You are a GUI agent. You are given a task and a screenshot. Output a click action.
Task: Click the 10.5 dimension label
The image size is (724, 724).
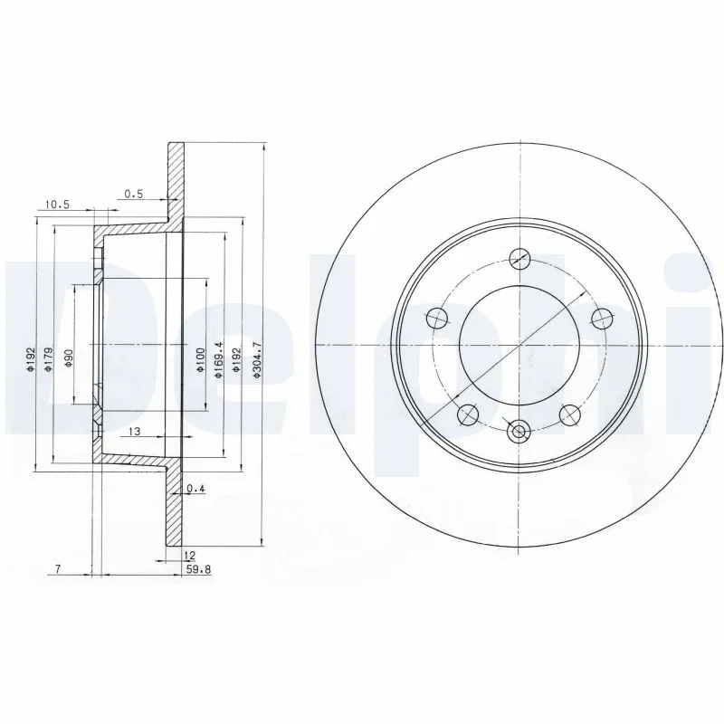tap(56, 205)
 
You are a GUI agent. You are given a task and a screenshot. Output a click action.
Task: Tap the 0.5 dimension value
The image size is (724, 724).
tap(133, 193)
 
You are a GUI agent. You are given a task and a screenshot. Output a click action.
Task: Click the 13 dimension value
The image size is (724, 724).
tap(133, 431)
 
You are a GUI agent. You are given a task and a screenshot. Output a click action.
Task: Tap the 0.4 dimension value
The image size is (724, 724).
tap(195, 490)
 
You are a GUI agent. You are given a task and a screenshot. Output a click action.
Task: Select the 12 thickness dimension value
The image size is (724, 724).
tap(188, 555)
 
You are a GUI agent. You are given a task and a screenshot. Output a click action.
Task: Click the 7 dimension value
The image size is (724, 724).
tap(57, 569)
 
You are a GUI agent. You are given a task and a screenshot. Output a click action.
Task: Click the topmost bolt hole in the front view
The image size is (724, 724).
tap(519, 258)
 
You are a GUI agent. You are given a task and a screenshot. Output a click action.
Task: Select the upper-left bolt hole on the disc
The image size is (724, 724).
tap(437, 317)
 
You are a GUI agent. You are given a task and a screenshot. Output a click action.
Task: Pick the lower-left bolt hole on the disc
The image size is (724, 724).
tap(468, 414)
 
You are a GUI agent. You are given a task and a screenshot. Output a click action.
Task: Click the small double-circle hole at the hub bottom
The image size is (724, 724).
tap(519, 433)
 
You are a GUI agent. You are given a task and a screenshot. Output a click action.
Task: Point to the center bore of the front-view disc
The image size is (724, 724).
tap(519, 346)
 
